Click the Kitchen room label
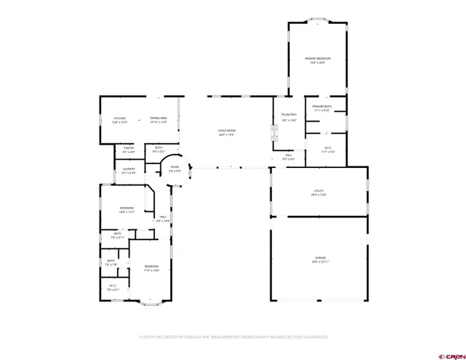pyautogui.click(x=120, y=119)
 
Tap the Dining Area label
pyautogui.click(x=158, y=119)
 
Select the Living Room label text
pyautogui.click(x=226, y=133)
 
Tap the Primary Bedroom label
pyautogui.click(x=318, y=59)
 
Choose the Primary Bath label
pyautogui.click(x=322, y=108)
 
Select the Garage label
pyautogui.click(x=320, y=259)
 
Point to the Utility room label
pyautogui.click(x=318, y=192)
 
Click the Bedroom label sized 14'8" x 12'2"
pyautogui.click(x=127, y=209)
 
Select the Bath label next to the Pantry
pyautogui.click(x=159, y=149)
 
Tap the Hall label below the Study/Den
pyautogui.click(x=288, y=157)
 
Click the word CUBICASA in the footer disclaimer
pyautogui.click(x=193, y=337)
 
